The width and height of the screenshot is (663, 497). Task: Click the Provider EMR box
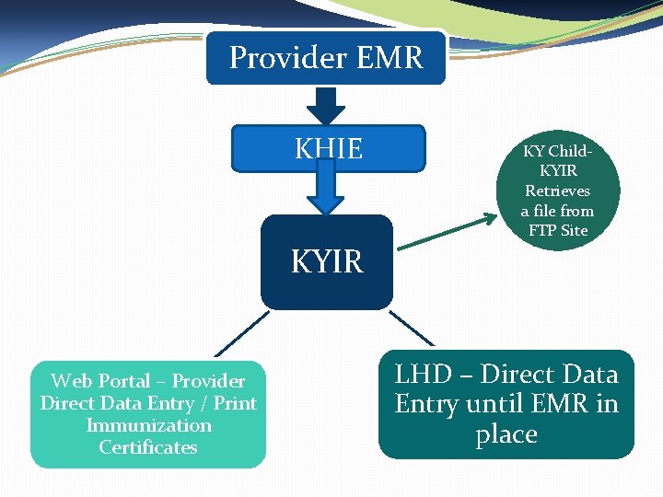326,57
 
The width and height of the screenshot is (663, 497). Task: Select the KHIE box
328,148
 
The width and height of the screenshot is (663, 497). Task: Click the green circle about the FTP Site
557,191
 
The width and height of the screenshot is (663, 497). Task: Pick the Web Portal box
148,414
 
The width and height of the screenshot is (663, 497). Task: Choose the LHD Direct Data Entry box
506,404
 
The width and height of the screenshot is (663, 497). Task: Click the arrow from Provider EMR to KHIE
325,104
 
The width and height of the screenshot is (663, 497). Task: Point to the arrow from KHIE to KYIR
325,192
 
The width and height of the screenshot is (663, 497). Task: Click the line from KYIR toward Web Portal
242,332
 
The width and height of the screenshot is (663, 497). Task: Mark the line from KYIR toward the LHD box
412,329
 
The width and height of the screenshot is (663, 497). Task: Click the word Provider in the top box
273,58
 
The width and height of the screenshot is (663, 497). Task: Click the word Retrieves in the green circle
557,191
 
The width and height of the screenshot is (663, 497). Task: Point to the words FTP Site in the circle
558,230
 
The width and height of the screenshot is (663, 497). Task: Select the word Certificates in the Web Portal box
148,447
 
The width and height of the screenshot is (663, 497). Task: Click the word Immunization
148,425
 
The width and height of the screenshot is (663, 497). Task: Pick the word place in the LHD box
506,434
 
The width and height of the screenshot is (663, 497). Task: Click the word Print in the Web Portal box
235,403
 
